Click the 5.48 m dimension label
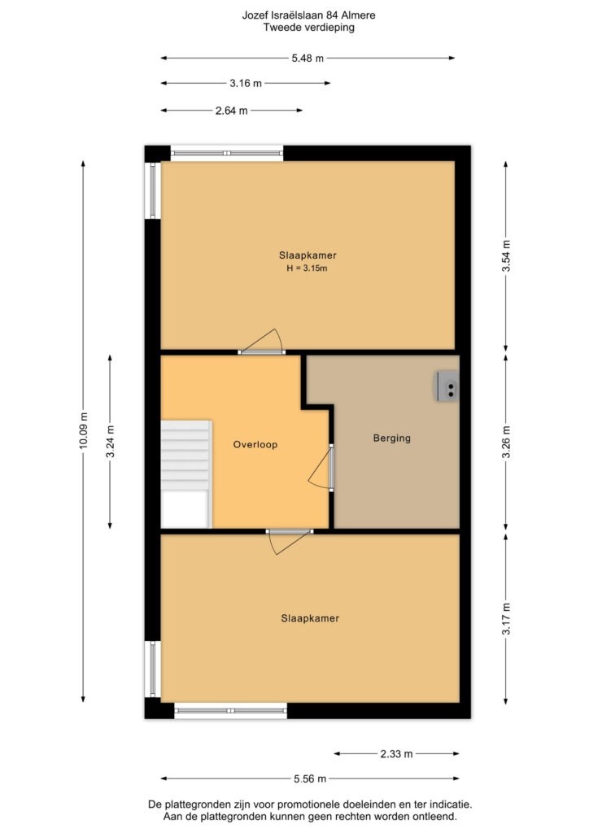[x=308, y=59]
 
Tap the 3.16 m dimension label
[x=246, y=84]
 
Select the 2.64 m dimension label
[x=232, y=111]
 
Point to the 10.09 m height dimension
[x=83, y=430]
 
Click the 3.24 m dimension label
[x=110, y=442]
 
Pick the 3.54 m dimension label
[x=506, y=256]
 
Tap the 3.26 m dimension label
[x=506, y=442]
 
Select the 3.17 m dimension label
[x=506, y=619]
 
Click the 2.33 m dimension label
[x=397, y=754]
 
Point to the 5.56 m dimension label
[x=310, y=778]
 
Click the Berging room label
[x=392, y=438]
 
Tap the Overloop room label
[x=255, y=445]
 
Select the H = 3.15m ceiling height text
[x=307, y=268]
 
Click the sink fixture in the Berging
[x=447, y=386]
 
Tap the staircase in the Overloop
[x=186, y=474]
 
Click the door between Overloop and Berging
[x=321, y=468]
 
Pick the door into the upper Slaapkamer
[x=261, y=342]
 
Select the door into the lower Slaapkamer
[x=290, y=541]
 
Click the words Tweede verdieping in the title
[x=309, y=28]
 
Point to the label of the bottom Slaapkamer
[x=310, y=618]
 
